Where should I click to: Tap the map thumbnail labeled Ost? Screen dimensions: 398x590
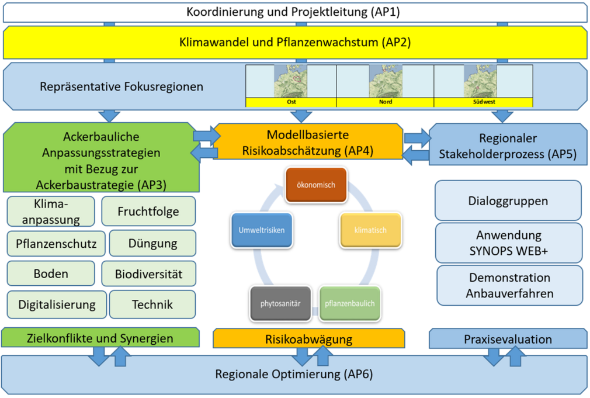291,81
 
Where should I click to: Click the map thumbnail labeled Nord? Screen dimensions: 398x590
385,81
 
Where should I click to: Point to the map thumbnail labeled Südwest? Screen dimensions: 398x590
483,81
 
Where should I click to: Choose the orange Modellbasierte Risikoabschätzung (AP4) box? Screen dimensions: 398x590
308,142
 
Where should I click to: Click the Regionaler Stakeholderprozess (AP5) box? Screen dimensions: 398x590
508,146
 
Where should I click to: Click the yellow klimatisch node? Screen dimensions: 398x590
370,230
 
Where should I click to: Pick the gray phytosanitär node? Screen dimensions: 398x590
280,303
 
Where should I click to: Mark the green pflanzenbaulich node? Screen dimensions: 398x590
350,303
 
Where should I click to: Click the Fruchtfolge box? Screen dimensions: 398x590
148,211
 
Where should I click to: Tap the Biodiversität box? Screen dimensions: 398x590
148,274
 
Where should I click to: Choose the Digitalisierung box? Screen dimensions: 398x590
57,304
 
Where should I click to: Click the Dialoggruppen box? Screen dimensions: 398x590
508,200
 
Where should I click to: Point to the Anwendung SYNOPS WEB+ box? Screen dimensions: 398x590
508,243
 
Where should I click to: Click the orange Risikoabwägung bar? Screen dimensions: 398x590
308,338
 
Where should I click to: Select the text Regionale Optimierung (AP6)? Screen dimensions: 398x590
294,374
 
